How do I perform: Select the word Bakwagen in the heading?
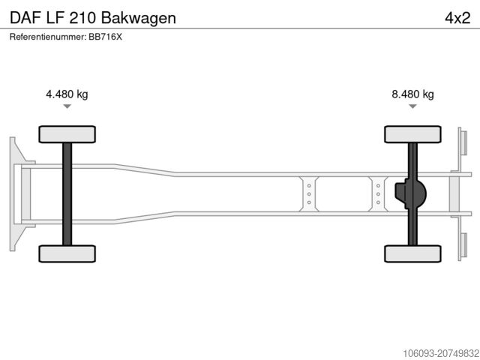pos(138,18)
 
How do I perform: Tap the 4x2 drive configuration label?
pos(457,18)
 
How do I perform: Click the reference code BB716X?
pos(105,37)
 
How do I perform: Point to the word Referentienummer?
pos(48,37)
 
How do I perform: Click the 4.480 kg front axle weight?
pos(67,94)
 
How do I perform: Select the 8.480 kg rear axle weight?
pos(412,94)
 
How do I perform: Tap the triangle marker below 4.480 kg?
pos(67,106)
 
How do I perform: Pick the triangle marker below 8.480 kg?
pos(412,106)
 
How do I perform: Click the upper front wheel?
pos(67,134)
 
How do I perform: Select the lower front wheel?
pos(67,253)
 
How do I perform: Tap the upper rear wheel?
pos(412,134)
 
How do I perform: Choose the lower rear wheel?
pos(412,253)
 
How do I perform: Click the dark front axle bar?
pos(67,194)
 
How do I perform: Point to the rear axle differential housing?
pos(410,193)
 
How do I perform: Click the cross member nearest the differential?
pos(378,194)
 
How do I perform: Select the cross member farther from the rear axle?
pos(309,194)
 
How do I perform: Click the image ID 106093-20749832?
pos(441,354)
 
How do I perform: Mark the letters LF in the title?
pos(55,18)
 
